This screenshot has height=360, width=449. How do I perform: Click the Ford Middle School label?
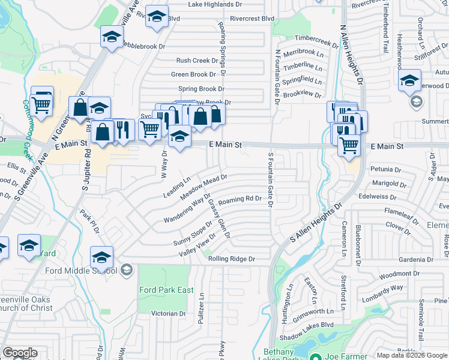tap(82, 270)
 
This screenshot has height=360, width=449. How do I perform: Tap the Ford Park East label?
tap(166, 290)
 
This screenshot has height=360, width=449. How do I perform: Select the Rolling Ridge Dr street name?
tap(232, 259)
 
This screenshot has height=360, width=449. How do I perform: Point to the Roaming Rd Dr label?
tap(240, 199)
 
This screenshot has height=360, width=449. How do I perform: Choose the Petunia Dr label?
tap(385, 170)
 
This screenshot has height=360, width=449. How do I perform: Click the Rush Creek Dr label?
tap(196, 61)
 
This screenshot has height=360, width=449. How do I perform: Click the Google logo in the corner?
tap(20, 353)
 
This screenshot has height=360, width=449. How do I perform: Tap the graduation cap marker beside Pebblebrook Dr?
tap(112, 37)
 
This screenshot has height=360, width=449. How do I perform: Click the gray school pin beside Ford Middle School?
tap(126, 270)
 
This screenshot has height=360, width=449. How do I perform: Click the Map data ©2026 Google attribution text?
tap(412, 355)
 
